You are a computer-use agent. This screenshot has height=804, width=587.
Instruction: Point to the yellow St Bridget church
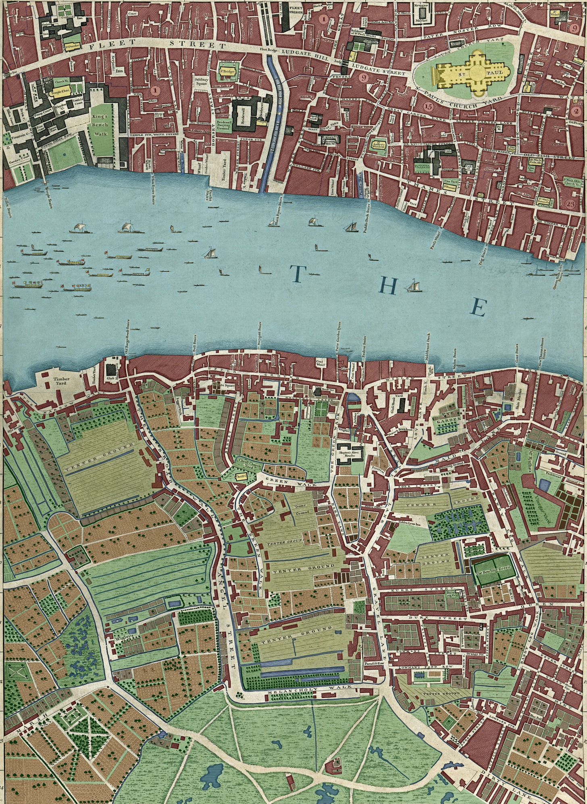pyautogui.click(x=227, y=73)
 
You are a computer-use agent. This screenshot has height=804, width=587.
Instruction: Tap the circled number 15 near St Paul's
pyautogui.click(x=428, y=106)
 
